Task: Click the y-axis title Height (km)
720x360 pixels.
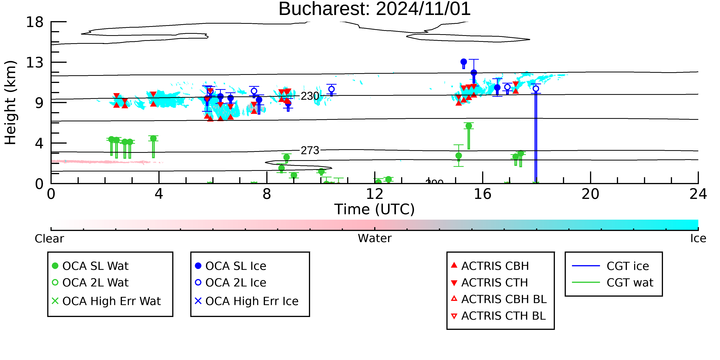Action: click(11, 103)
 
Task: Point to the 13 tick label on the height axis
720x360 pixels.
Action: click(35, 62)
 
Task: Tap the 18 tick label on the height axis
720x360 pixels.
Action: click(35, 22)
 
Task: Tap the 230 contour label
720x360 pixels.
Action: click(310, 96)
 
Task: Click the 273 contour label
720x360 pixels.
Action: click(310, 151)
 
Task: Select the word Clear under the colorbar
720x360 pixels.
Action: click(49, 239)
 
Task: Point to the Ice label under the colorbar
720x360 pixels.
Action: click(698, 239)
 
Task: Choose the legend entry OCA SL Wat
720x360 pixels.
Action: click(90, 266)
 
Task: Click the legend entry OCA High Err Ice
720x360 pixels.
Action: click(247, 301)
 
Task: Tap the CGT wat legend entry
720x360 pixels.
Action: click(613, 283)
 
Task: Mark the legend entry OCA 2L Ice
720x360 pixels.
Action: click(230, 283)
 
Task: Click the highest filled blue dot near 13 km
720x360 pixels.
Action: click(464, 62)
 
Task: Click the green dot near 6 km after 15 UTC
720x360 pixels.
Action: click(469, 126)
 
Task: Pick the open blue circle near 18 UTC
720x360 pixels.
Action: click(536, 89)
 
